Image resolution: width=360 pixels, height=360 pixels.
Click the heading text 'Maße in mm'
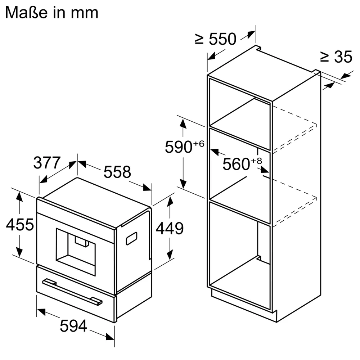(51, 13)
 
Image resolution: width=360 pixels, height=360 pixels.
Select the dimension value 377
(47, 163)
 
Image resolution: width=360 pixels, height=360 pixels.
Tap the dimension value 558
(117, 172)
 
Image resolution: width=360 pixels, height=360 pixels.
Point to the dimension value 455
(20, 225)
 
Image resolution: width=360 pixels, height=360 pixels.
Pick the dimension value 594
(73, 327)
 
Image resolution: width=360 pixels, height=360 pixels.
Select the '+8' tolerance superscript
(256, 160)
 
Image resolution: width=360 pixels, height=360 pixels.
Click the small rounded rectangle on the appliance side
(131, 238)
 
